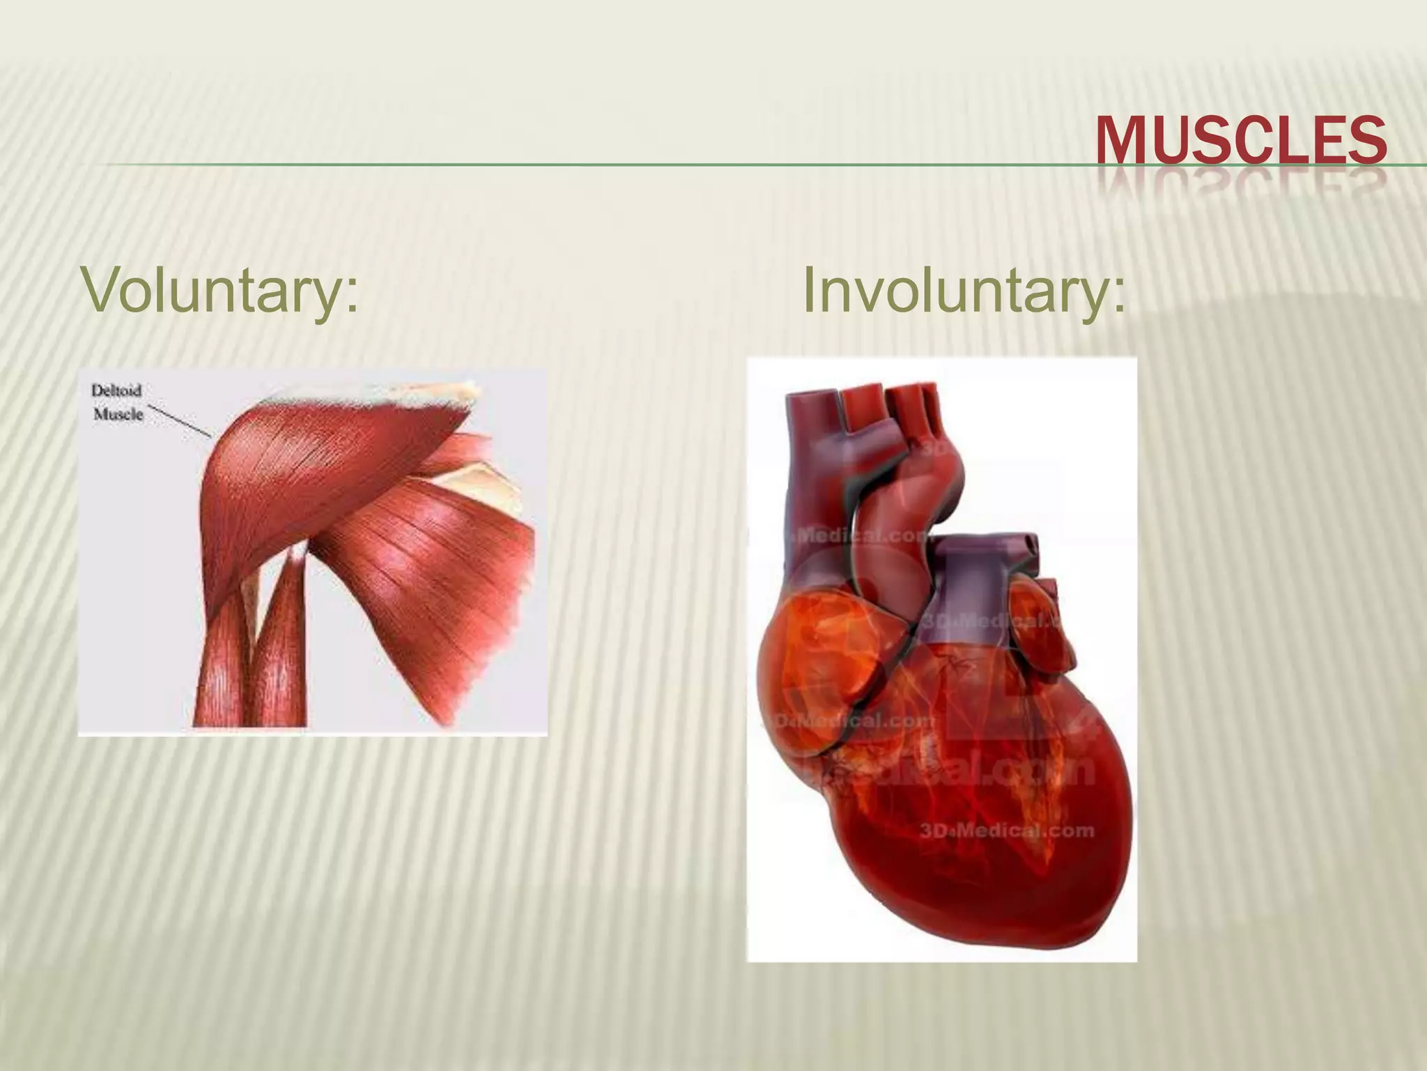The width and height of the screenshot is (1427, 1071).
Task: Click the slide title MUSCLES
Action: (x=1240, y=142)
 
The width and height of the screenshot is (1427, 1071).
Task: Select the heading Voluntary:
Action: (x=220, y=289)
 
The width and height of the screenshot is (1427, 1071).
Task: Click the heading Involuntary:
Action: (x=964, y=289)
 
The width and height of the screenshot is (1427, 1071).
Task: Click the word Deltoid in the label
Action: (x=116, y=390)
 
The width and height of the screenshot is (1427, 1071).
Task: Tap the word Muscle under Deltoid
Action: (x=118, y=415)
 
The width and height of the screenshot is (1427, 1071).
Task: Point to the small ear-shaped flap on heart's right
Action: (x=1038, y=628)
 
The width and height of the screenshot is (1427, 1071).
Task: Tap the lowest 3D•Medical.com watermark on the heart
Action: (x=1006, y=830)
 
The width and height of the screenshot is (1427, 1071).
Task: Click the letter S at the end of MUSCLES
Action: (x=1368, y=142)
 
